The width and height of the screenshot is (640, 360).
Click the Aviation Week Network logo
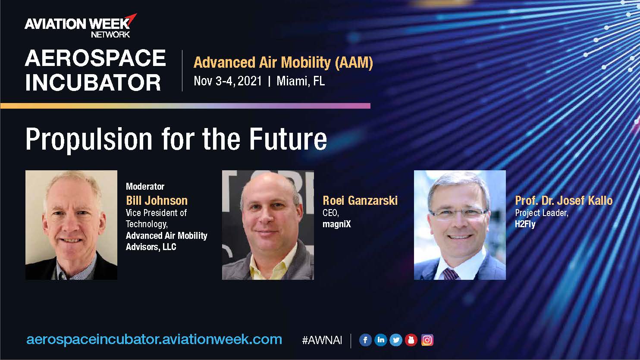(x=81, y=26)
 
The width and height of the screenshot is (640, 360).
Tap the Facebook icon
(x=365, y=340)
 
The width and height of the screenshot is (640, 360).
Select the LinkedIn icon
(x=380, y=340)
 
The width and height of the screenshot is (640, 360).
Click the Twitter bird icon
(x=396, y=340)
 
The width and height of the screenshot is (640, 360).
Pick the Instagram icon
(x=427, y=340)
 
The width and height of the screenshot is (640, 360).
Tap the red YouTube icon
(x=411, y=340)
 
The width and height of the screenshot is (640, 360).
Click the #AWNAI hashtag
(x=322, y=340)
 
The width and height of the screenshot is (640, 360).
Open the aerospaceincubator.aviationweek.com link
(x=154, y=340)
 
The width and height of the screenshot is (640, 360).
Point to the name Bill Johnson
(x=157, y=200)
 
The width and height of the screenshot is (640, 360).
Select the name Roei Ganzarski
(x=360, y=200)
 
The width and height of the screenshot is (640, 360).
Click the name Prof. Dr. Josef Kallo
(x=564, y=200)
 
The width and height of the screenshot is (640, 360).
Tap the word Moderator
(x=145, y=187)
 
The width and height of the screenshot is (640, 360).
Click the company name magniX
(x=336, y=224)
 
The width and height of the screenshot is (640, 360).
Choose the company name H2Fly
(x=525, y=224)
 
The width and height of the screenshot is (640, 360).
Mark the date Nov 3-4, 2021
(x=228, y=81)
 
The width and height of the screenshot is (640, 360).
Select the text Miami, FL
(x=301, y=81)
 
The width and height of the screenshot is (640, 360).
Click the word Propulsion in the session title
(x=89, y=139)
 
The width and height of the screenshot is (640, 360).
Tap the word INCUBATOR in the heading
(x=93, y=83)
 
